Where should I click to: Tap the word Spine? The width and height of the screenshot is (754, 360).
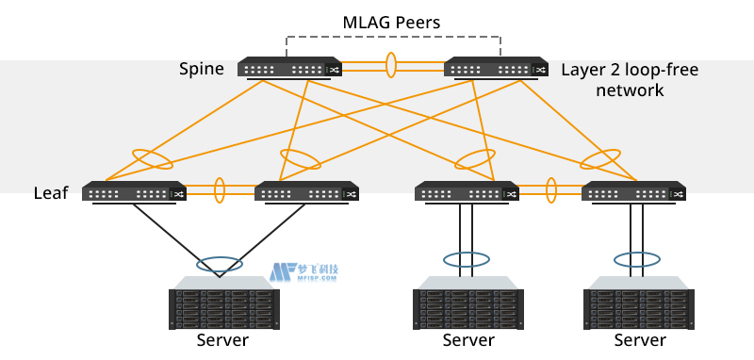tap(202, 69)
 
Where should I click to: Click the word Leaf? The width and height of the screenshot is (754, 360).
tap(50, 194)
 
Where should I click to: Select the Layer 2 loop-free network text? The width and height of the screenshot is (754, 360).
tap(623, 80)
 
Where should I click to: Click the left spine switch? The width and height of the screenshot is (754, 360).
tap(289, 69)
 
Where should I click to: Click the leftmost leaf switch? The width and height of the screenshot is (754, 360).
tap(133, 192)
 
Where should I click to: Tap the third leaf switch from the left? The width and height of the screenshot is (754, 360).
tap(467, 192)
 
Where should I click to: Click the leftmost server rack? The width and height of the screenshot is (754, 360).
tap(222, 303)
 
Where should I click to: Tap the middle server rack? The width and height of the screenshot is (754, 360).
tap(468, 303)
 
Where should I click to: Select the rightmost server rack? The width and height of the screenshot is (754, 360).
tap(639, 303)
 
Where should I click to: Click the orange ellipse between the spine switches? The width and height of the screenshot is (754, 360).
tap(391, 68)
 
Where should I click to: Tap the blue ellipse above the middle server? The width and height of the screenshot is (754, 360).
tap(467, 258)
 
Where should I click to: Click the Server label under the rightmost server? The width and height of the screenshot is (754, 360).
tap(639, 340)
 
